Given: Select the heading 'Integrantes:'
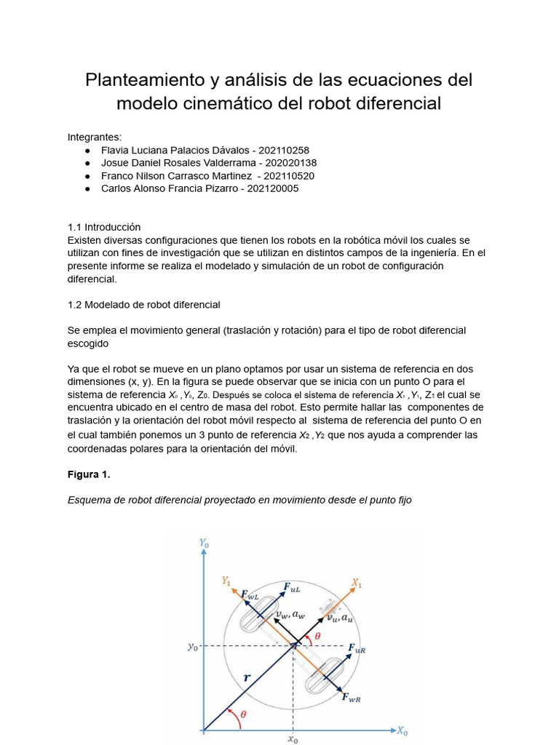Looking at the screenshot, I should tap(95, 137).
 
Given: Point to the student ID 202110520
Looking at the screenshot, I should tap(289, 176).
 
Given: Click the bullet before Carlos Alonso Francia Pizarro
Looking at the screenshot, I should tap(87, 189).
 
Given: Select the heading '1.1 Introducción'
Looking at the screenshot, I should tap(104, 227).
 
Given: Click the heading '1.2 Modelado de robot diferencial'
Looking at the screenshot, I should tap(143, 304).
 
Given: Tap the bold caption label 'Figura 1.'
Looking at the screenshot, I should tap(88, 474).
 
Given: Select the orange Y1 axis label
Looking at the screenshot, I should tap(226, 580).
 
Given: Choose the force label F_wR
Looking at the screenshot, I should tap(351, 698).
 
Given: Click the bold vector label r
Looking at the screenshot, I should tap(247, 677).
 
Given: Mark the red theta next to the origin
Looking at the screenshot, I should tap(243, 714).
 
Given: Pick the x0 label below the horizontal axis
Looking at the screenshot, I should tap(293, 739).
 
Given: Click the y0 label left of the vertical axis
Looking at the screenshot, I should tap(192, 645).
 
